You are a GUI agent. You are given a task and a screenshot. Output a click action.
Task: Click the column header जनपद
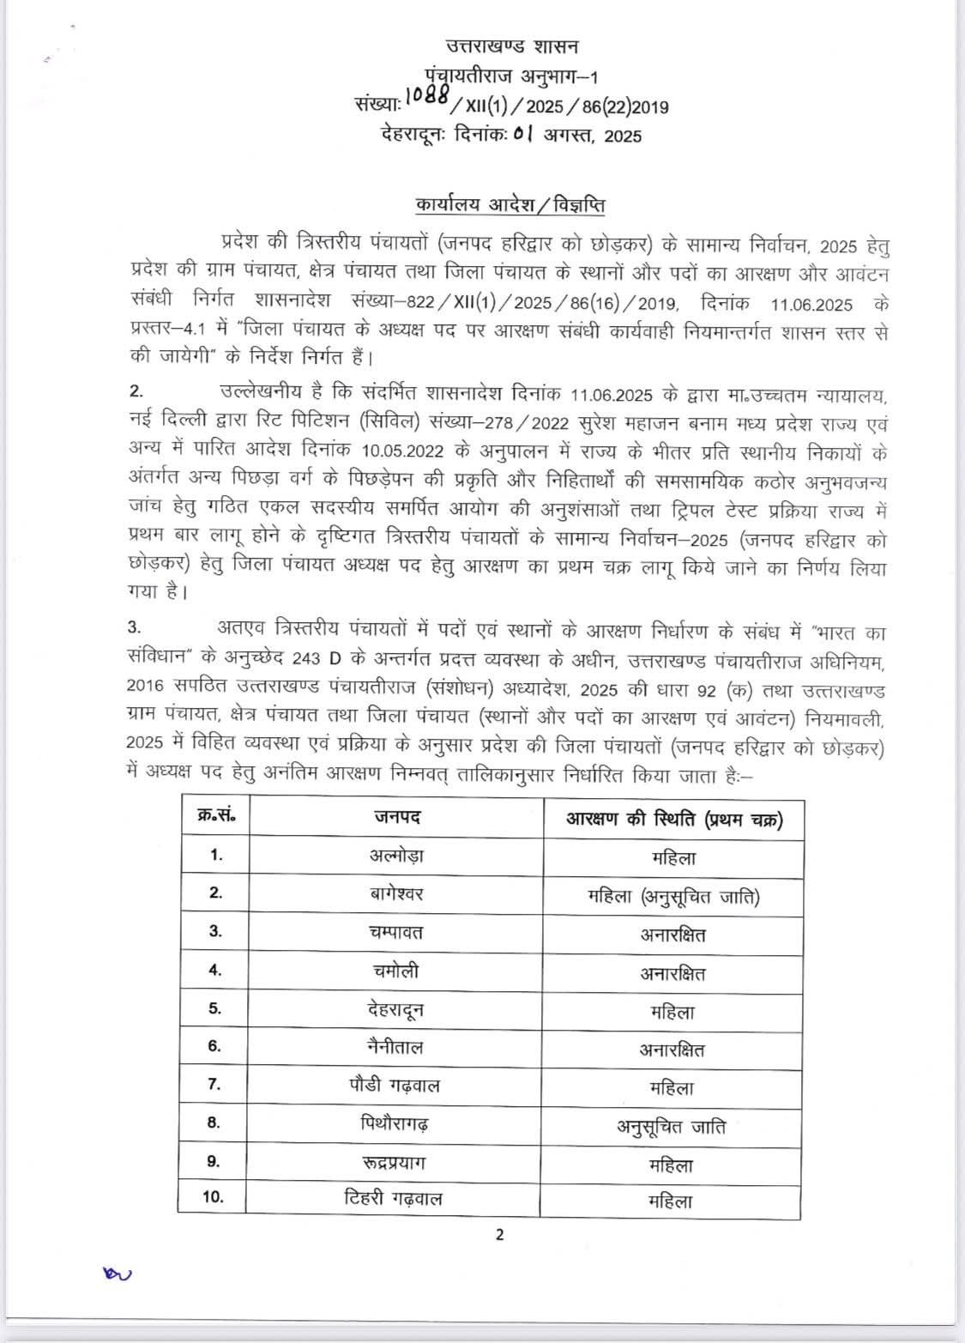396,817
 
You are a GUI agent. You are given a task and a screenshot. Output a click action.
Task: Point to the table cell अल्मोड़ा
396,856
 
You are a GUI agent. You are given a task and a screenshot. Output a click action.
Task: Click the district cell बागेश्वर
396,893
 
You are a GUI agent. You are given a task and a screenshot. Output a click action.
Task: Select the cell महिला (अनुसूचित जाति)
673,897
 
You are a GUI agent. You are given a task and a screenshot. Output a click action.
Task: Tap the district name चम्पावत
396,932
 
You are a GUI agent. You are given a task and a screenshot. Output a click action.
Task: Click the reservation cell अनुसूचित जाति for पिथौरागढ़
672,1126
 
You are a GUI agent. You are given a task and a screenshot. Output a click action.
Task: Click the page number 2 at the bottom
500,1236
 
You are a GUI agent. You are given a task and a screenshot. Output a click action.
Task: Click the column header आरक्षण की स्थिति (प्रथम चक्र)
673,819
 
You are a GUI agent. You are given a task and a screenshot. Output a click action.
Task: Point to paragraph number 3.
136,630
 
